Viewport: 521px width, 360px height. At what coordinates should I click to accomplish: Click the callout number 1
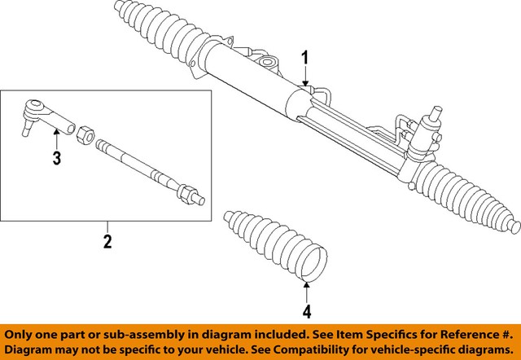click(x=305, y=59)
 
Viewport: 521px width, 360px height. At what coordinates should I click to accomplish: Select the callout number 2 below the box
click(x=106, y=242)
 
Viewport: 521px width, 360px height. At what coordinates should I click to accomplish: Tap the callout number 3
click(x=56, y=158)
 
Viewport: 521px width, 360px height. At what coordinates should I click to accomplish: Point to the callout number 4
click(x=307, y=310)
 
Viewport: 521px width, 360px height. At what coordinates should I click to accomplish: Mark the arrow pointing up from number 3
click(x=56, y=134)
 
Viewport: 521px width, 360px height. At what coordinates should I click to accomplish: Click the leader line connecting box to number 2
click(x=106, y=226)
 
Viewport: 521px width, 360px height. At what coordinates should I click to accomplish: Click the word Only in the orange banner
click(x=24, y=334)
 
